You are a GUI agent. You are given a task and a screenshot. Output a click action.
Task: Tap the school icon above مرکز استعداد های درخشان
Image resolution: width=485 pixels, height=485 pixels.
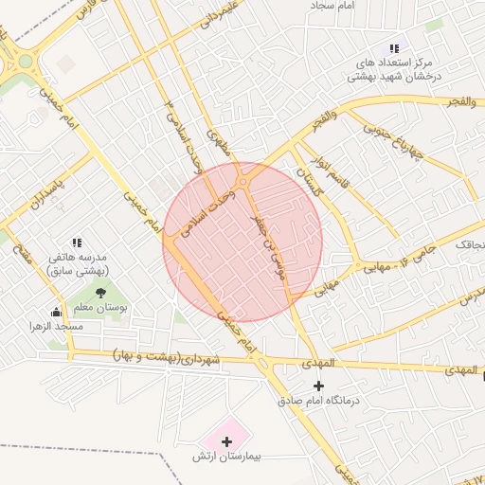pyautogui.click(x=394, y=48)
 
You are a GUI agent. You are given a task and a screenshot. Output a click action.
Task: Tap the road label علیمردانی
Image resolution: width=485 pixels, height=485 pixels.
pyautogui.click(x=221, y=21)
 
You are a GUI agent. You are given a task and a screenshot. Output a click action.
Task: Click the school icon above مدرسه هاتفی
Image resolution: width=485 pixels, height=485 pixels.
pyautogui.click(x=77, y=242)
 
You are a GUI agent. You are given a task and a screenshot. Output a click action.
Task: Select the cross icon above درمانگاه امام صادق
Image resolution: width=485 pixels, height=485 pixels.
pyautogui.click(x=318, y=386)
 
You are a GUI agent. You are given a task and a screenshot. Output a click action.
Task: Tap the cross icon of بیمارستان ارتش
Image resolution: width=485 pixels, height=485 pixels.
pyautogui.click(x=226, y=441)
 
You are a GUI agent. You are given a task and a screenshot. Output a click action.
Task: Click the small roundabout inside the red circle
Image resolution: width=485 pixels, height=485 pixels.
pyautogui.click(x=243, y=181)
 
